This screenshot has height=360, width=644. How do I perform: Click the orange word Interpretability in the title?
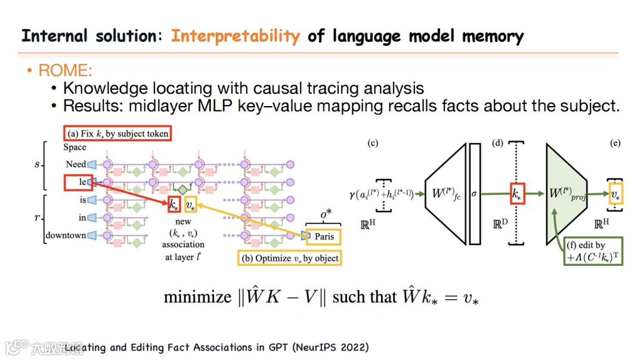pos(236,36)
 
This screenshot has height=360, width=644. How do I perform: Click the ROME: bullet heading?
pos(66,72)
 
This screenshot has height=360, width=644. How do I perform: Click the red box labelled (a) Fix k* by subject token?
pos(117,134)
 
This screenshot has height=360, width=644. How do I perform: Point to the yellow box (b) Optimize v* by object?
pos(289,258)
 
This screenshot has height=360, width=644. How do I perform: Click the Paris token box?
pos(324,237)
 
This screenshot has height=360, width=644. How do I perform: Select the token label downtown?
pos(66,235)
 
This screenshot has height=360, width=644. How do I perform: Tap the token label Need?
pos(76,164)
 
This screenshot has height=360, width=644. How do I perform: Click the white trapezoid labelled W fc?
pos(445,194)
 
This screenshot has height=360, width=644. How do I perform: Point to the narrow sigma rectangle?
pos(475,194)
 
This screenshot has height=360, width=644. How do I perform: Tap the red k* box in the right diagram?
pos(517,194)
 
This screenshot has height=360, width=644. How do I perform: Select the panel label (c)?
pos(373,143)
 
